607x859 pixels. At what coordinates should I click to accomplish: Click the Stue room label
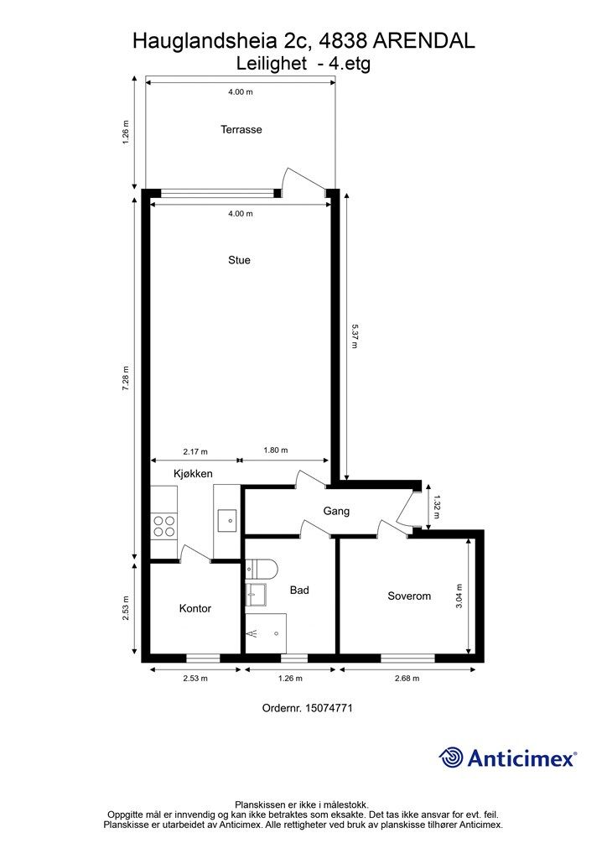(239, 260)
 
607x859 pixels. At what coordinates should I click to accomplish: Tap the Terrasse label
(241, 130)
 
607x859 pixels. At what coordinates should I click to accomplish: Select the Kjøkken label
(193, 474)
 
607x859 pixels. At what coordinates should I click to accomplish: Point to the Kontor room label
(195, 609)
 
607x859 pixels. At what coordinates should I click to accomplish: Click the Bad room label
(299, 590)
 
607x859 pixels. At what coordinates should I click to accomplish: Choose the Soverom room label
(409, 596)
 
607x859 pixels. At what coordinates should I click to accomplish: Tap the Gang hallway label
(336, 511)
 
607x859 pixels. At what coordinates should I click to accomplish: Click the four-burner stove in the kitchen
(164, 526)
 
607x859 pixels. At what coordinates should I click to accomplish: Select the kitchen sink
(227, 520)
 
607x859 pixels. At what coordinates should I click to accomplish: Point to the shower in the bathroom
(266, 633)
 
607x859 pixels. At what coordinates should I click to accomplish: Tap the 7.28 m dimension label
(126, 378)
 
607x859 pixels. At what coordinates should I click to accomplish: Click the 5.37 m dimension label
(354, 336)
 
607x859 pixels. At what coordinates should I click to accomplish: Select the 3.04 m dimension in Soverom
(459, 596)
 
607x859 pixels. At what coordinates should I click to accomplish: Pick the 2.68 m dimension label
(407, 678)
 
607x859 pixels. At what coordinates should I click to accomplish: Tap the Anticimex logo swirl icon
(451, 757)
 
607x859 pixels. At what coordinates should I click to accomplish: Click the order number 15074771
(329, 708)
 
